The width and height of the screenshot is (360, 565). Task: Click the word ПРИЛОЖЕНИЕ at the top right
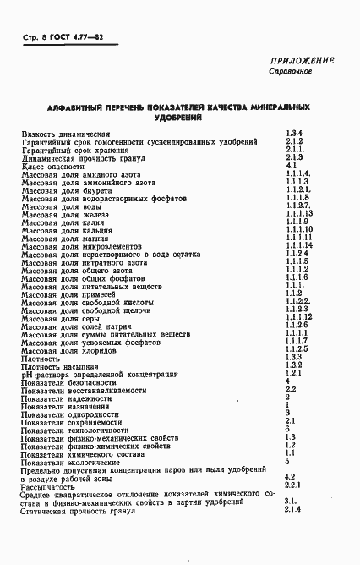302,60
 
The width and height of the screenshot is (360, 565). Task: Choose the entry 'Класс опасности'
54,167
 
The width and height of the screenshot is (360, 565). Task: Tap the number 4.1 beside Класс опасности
290,167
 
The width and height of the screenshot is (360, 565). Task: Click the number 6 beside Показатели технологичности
287,428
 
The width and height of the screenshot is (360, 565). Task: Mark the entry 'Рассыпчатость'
50,485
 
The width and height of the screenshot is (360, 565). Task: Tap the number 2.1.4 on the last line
293,508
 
